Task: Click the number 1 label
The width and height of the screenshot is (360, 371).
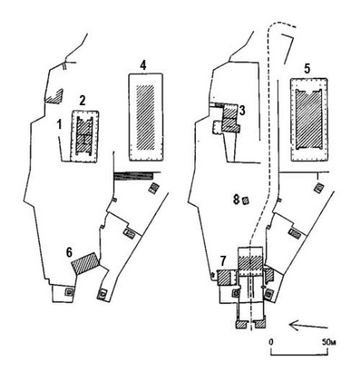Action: pyautogui.click(x=60, y=124)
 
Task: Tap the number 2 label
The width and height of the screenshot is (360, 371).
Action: pyautogui.click(x=82, y=100)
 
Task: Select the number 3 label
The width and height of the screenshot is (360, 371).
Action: pyautogui.click(x=242, y=110)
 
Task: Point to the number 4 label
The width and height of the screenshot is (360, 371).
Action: pyautogui.click(x=143, y=65)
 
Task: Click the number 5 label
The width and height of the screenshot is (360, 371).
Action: pyautogui.click(x=307, y=69)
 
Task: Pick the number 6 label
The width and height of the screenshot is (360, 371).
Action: pyautogui.click(x=69, y=252)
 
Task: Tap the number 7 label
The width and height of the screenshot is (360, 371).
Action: pyautogui.click(x=223, y=261)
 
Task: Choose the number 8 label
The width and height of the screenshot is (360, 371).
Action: pyautogui.click(x=236, y=200)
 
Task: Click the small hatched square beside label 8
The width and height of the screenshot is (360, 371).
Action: pyautogui.click(x=245, y=201)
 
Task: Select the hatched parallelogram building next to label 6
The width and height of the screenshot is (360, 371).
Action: pyautogui.click(x=86, y=263)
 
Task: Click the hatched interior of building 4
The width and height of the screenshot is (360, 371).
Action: pyautogui.click(x=145, y=117)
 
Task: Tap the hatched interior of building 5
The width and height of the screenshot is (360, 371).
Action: pyautogui.click(x=309, y=119)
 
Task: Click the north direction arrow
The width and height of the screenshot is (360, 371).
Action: pyautogui.click(x=309, y=325)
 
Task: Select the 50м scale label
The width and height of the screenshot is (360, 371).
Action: pyautogui.click(x=329, y=342)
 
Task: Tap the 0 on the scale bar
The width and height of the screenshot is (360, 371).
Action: pyautogui.click(x=271, y=342)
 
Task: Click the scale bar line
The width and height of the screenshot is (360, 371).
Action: pyautogui.click(x=299, y=355)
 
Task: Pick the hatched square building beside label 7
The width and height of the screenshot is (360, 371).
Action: pyautogui.click(x=224, y=278)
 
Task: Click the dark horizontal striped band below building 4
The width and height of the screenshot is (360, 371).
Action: pyautogui.click(x=133, y=176)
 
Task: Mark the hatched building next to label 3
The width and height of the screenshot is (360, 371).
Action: pyautogui.click(x=231, y=118)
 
